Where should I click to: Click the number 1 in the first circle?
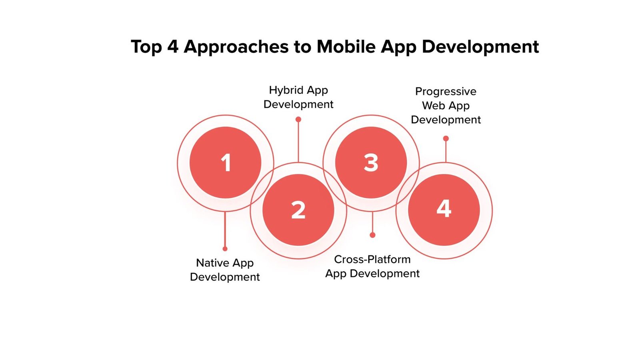(226, 162)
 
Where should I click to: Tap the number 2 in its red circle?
(298, 210)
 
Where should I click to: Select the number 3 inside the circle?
(371, 162)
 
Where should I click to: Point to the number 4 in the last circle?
(444, 208)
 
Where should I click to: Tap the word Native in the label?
(212, 263)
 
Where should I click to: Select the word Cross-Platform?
(372, 260)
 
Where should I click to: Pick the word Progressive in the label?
(446, 92)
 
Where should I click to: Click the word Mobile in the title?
(346, 46)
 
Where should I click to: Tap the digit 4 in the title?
(173, 46)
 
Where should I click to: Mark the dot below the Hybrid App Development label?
(298, 120)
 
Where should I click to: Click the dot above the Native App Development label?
(225, 249)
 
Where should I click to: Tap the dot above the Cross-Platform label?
(372, 235)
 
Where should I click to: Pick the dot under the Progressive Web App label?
(446, 138)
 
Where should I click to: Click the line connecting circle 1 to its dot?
(225, 229)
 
